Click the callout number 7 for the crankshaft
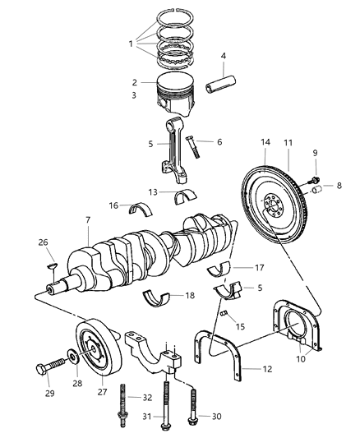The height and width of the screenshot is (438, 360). point(87,220)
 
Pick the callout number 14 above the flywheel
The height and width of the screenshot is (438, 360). point(265,143)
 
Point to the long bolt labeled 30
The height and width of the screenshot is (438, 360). point(194,400)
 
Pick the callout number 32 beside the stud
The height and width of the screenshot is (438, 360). point(146,397)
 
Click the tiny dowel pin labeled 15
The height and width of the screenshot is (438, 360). point(224,311)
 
